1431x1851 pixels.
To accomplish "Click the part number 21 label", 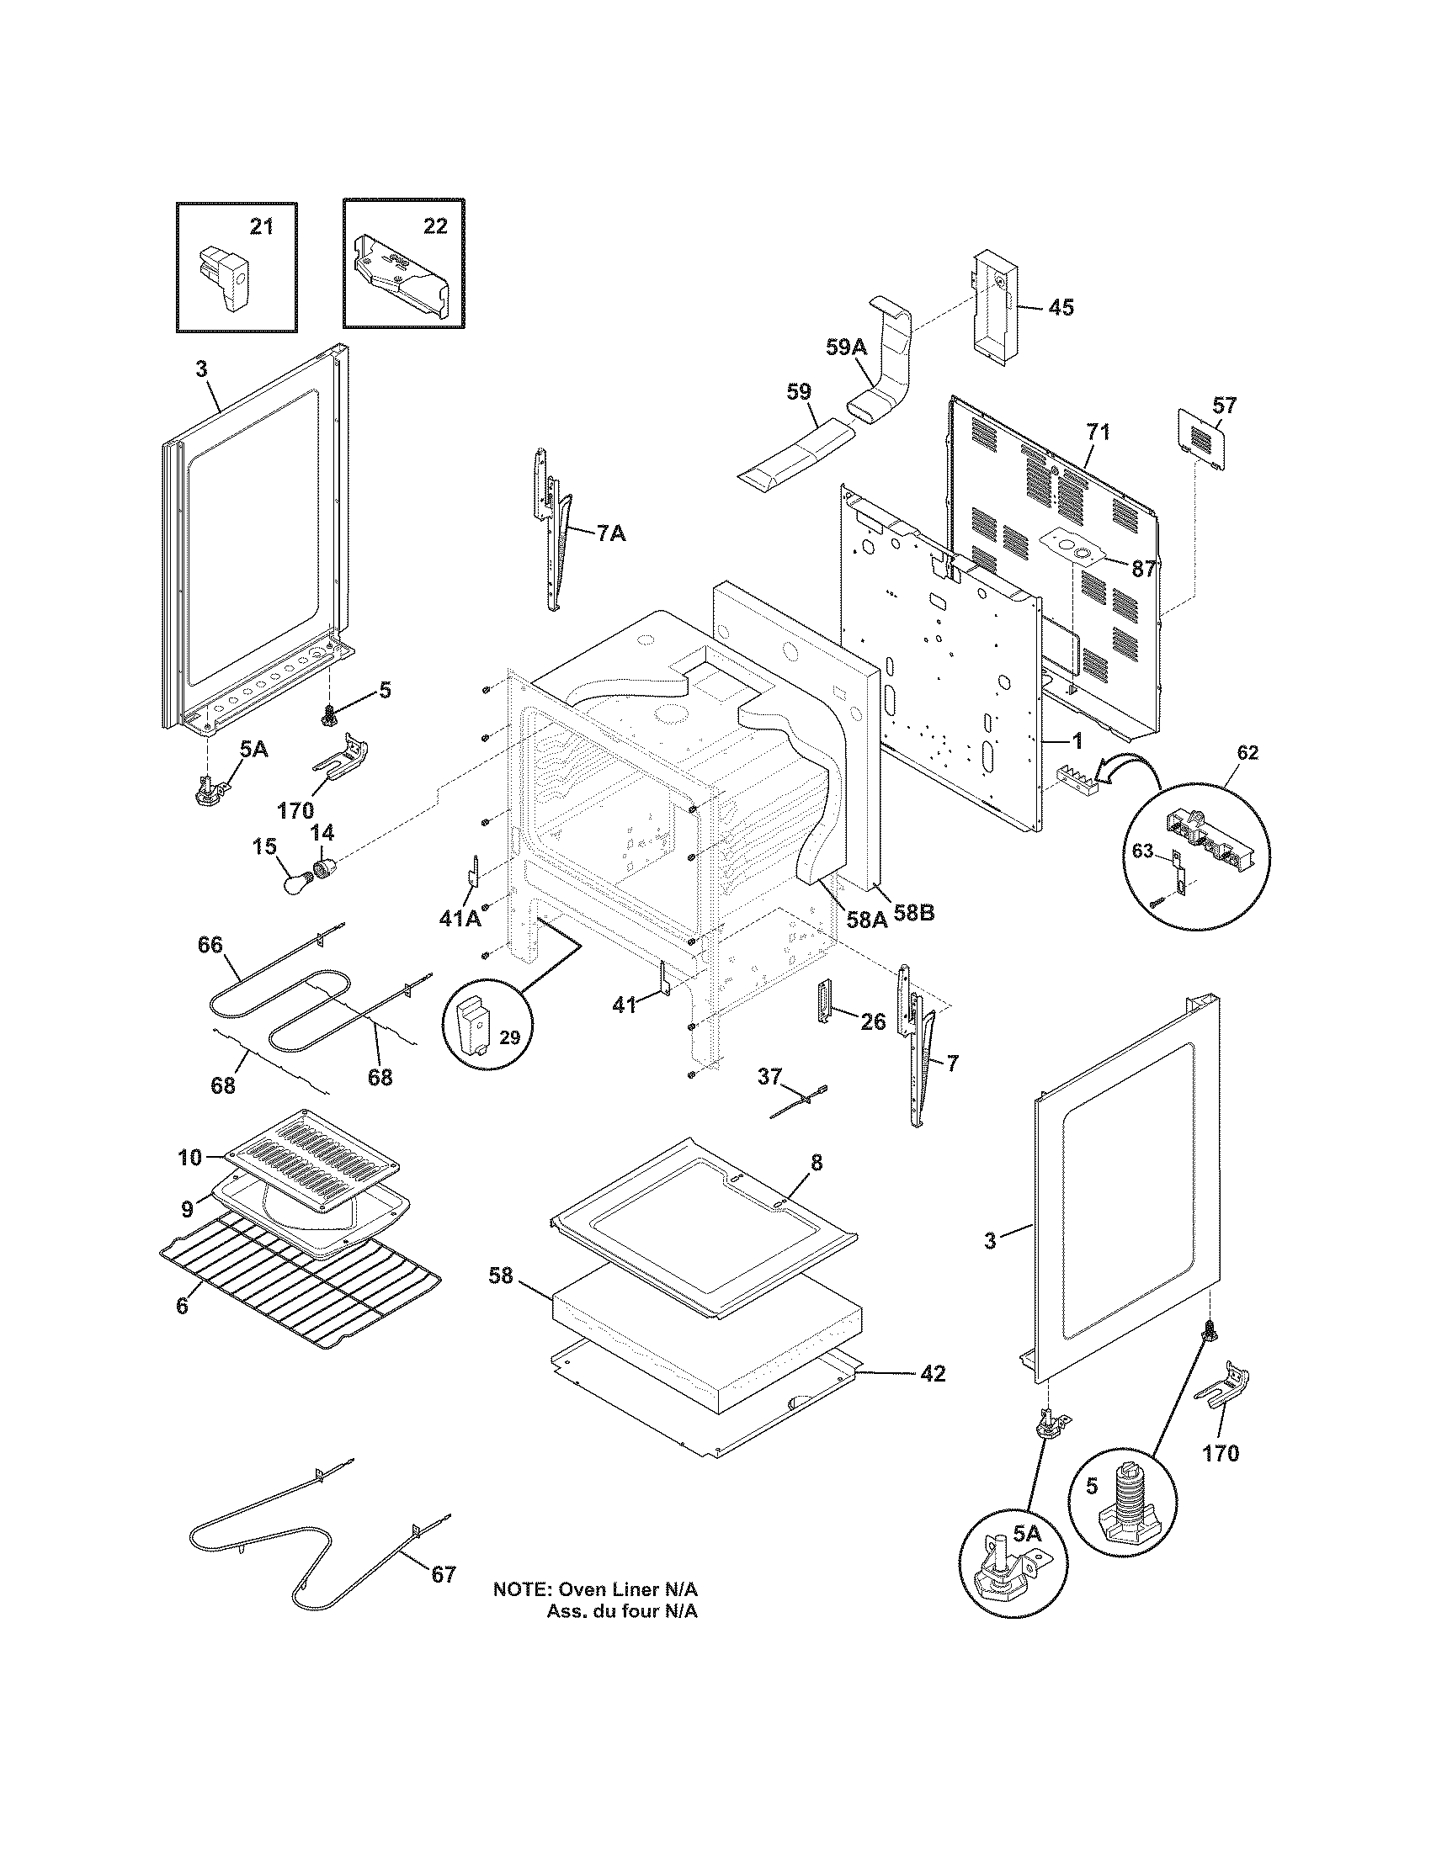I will coord(261,227).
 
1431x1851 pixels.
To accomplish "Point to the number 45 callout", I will coord(1061,308).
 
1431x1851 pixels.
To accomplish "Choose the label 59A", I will coord(847,346).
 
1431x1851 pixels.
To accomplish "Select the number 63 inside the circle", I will coord(1143,851).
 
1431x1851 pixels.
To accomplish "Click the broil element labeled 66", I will coord(279,1000).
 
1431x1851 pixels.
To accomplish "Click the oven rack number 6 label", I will coord(183,1306).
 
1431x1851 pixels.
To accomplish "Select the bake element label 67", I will coord(444,1575).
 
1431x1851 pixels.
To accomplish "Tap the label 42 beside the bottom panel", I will coord(933,1373).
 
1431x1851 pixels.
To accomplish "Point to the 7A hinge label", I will coord(611,534).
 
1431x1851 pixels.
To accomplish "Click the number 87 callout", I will coord(1144,569).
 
